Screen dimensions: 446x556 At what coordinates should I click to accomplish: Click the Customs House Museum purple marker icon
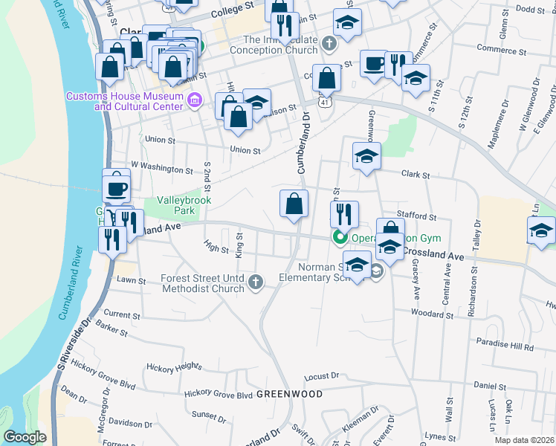(195, 100)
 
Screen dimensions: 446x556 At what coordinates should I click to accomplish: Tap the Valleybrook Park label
(184, 205)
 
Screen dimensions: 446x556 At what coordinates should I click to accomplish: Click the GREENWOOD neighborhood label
(279, 393)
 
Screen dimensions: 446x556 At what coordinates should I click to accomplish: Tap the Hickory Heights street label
(174, 367)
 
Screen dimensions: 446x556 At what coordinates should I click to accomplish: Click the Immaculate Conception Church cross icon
(329, 45)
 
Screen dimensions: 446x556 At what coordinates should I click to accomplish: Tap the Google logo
(25, 438)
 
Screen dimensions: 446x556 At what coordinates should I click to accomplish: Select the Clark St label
(416, 175)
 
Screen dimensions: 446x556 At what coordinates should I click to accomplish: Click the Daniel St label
(489, 387)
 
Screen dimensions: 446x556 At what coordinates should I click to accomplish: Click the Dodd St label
(530, 9)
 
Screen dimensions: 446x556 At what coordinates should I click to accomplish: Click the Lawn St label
(131, 280)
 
